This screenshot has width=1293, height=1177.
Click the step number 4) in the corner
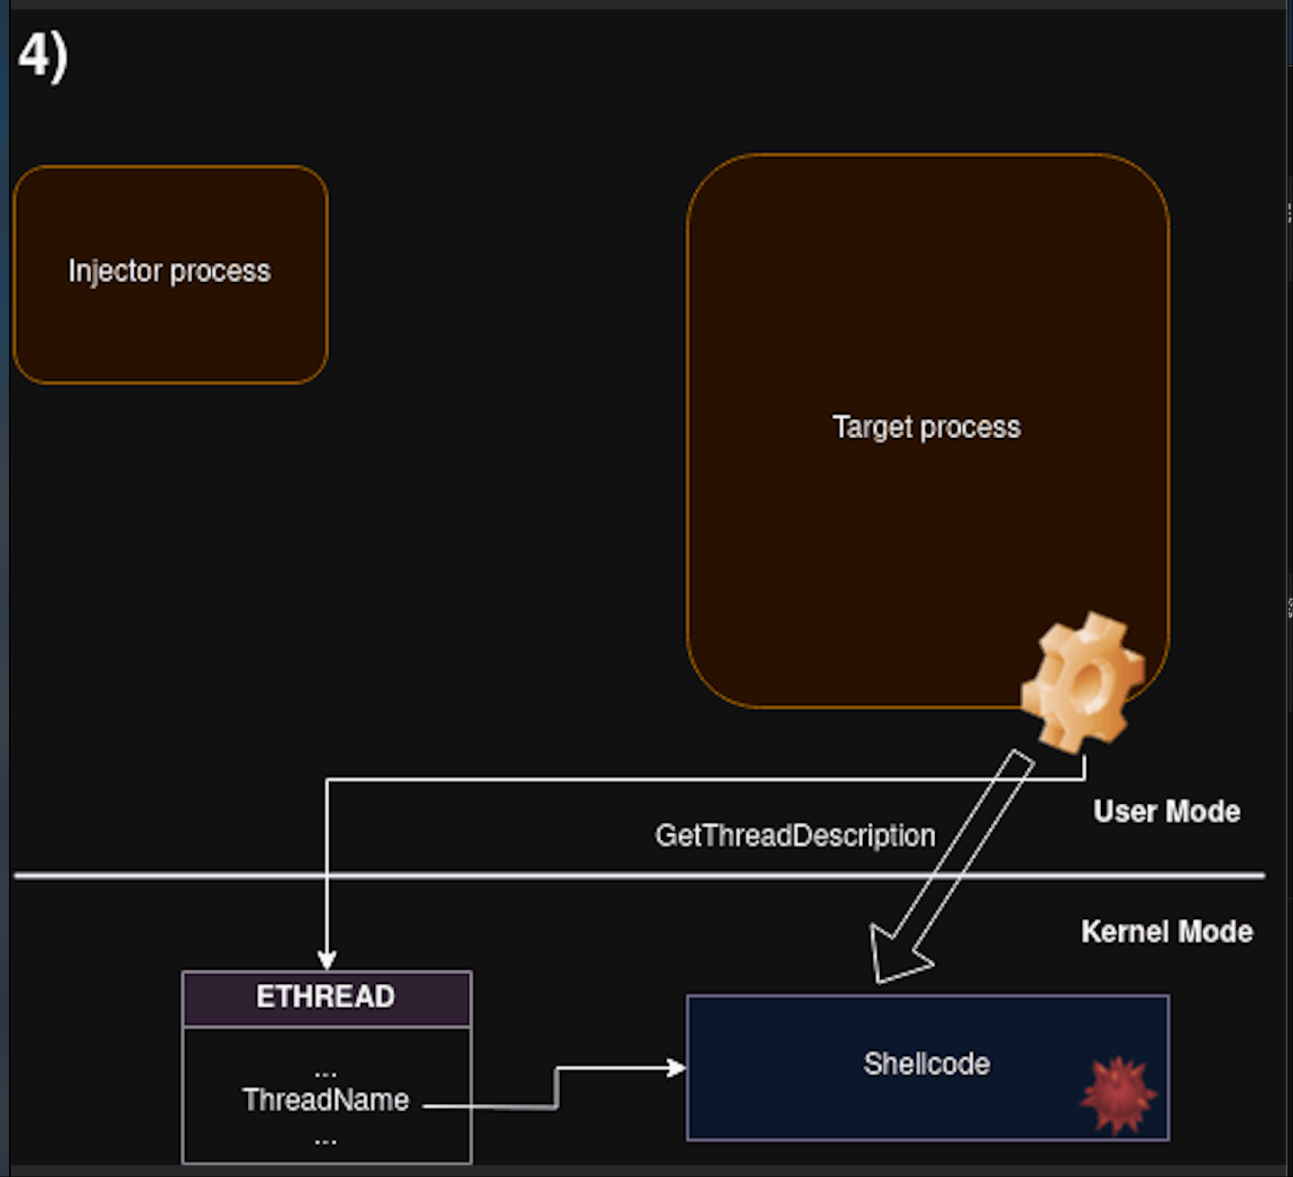pos(42,56)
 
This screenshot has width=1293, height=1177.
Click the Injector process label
pos(170,271)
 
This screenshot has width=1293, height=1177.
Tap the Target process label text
pos(926,427)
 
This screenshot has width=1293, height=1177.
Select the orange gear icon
pos(1082,682)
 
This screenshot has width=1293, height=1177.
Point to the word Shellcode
pos(926,1064)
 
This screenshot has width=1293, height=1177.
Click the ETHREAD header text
pos(326,997)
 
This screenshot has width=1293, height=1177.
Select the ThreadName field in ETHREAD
pos(326,1100)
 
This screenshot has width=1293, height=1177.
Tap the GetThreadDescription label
pos(794,835)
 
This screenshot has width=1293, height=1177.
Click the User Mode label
pos(1166,812)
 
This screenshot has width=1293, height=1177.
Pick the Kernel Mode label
pos(1167,932)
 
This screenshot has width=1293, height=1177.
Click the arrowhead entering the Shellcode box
pos(675,1068)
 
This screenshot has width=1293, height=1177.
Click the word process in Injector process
pos(220,271)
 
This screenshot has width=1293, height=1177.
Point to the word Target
pos(872,427)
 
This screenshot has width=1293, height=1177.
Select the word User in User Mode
pos(1124,812)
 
